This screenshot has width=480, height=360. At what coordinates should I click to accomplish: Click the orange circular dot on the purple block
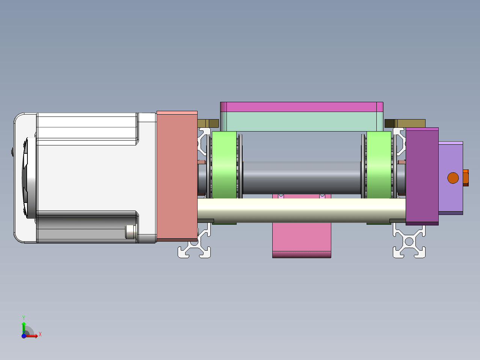453,178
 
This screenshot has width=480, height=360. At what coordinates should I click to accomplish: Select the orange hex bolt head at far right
466,178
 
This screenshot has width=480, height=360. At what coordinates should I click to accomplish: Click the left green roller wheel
224,165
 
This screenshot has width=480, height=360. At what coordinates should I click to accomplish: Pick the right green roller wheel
379,165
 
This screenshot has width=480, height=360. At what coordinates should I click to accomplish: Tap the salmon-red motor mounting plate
177,176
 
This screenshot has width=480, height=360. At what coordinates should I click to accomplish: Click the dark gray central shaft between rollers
302,178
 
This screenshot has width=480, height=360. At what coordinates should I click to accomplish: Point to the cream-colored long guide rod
302,210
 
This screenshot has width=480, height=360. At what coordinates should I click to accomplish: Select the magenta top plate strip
302,107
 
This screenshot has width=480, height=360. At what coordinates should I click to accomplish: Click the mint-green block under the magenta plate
302,122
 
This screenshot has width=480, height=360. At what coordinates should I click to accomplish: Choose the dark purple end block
422,176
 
